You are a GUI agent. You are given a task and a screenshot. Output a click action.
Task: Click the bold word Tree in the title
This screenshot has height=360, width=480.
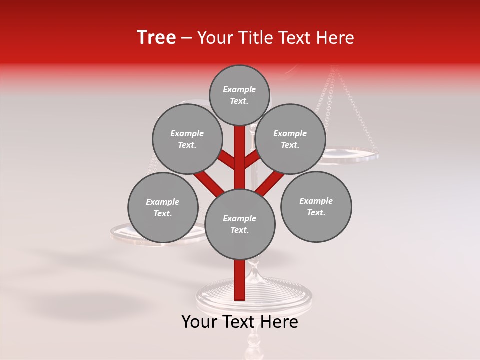(x=156, y=38)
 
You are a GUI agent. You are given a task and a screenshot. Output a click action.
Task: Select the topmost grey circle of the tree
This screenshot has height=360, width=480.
(x=239, y=95)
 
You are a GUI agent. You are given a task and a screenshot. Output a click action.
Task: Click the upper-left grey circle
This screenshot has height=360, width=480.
(x=187, y=139)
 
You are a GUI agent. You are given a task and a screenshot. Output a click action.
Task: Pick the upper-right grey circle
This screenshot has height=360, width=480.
(x=290, y=139)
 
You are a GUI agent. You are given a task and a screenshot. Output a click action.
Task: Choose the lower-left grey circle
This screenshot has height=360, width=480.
(x=163, y=207)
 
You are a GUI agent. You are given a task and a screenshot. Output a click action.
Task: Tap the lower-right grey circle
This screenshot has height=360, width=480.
(x=316, y=206)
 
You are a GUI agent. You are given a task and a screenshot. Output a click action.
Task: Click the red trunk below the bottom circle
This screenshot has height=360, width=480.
(x=239, y=280)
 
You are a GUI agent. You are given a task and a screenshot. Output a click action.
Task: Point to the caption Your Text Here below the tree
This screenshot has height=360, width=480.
(x=240, y=322)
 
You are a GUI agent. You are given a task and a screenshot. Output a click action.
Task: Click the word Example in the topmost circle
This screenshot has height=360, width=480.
(x=239, y=89)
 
